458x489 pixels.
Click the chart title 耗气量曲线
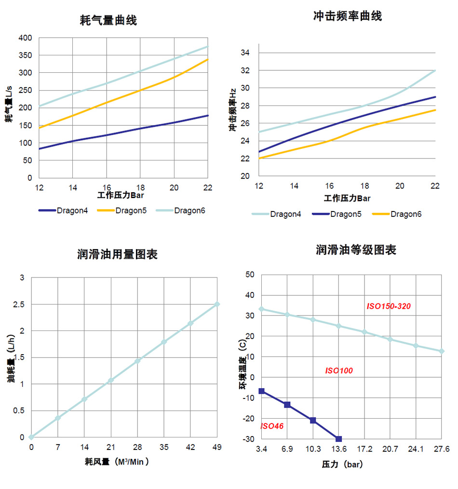tap(108, 20)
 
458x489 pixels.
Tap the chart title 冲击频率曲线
tap(347, 16)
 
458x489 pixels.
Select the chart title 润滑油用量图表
tap(117, 254)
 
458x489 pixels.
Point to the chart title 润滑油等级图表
tap(356, 250)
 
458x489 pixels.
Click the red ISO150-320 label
tap(389, 306)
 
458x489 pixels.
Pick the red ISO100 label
tap(339, 370)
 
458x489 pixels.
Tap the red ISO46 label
tap(272, 426)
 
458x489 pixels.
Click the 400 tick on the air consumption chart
tap(25, 38)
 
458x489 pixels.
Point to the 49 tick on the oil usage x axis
tap(217, 447)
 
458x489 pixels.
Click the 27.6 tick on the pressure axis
tap(442, 449)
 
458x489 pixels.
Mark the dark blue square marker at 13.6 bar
tap(338, 439)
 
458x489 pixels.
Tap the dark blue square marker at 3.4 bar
tap(262, 391)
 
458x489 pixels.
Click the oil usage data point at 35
tap(164, 342)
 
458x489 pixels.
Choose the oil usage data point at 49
tap(217, 304)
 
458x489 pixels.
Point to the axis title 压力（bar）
tap(342, 465)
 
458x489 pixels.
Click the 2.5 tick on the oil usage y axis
tap(19, 304)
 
